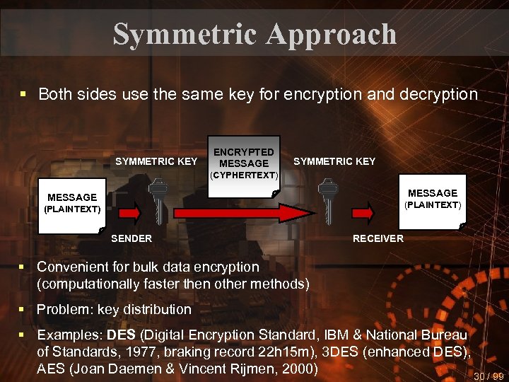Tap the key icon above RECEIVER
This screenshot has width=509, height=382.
326,200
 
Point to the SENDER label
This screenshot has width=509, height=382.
131,238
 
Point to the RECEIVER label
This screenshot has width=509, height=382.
378,238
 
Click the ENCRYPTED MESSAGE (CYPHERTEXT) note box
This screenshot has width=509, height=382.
244,163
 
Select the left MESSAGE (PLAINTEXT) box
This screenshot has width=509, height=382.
72,203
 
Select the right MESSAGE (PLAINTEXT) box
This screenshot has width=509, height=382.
433,199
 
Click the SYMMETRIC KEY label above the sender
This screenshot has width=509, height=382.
156,161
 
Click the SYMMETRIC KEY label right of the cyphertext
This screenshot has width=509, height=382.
334,161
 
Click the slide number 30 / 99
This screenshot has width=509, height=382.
489,376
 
